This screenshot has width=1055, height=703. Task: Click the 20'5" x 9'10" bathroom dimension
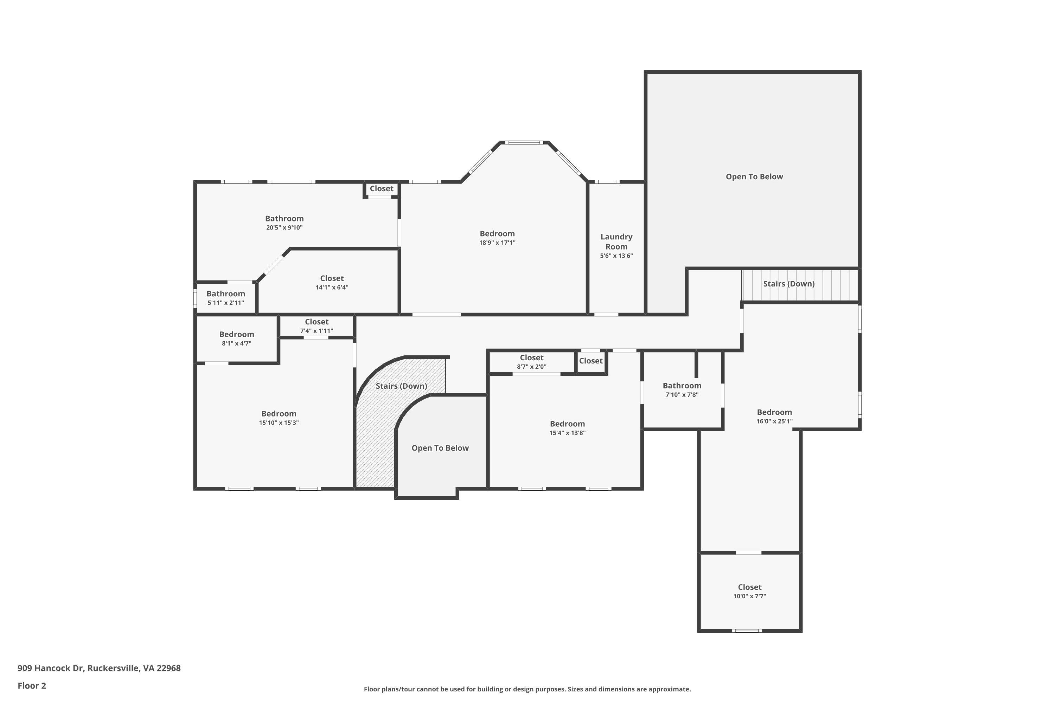point(284,228)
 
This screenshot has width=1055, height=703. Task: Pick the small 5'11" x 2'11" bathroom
point(226,298)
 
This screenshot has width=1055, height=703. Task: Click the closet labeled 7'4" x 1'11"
point(317,326)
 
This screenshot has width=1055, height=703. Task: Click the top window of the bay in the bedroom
point(524,143)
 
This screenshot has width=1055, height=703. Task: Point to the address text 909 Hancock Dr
point(99,668)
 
